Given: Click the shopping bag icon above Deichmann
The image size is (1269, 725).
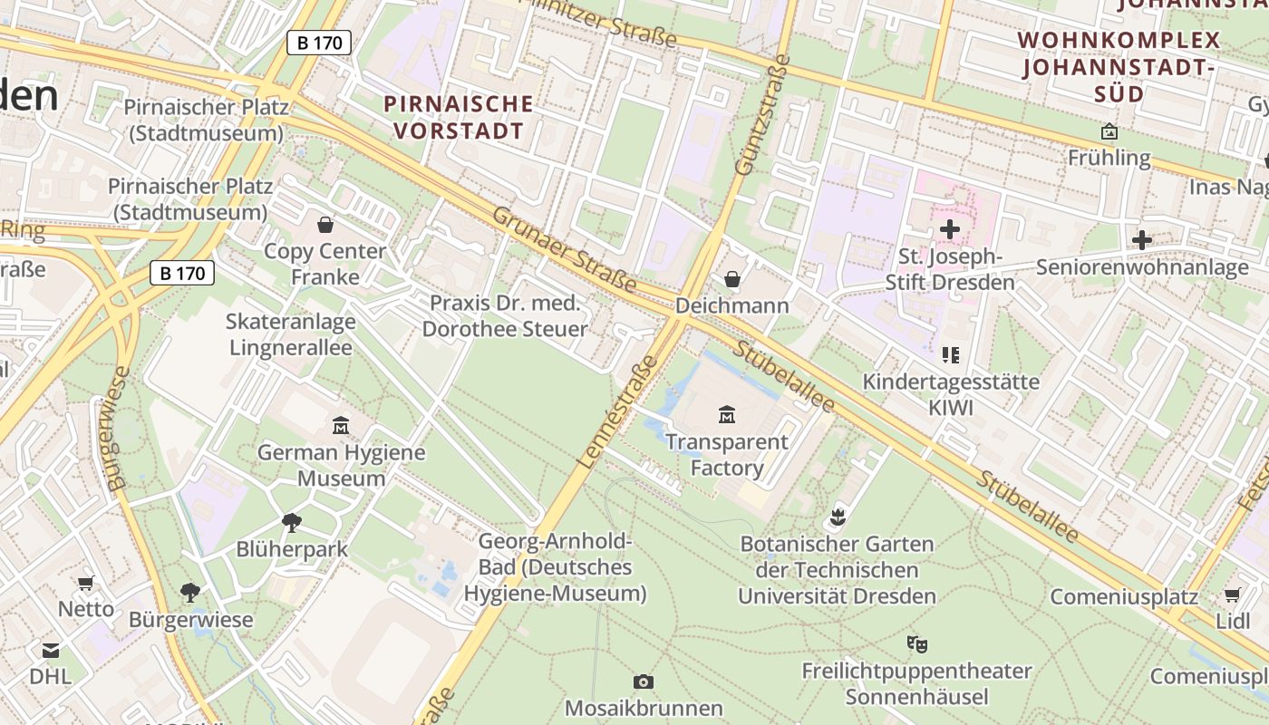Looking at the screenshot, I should point(732,279).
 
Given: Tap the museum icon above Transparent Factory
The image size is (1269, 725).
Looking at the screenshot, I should point(726,415).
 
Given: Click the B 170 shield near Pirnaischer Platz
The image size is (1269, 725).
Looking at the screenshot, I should point(319,42).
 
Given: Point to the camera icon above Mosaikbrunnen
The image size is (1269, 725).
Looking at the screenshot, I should point(643,681).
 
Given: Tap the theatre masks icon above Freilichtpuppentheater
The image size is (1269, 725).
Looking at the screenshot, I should point(916,644).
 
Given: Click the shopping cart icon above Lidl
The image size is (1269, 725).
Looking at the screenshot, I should point(1232,595).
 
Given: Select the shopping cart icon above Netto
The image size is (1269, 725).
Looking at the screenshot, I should point(85,583).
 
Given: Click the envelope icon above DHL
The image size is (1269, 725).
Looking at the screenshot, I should point(50,650).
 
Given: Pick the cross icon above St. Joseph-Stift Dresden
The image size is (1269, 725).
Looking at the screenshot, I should point(949,229).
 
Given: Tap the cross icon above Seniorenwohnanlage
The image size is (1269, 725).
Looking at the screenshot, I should point(1141,240).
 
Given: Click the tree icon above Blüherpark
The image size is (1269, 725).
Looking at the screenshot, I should point(291,522).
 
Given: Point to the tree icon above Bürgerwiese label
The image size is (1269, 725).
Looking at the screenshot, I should point(190,593).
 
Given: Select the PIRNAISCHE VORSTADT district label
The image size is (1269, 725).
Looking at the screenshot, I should point(458,117).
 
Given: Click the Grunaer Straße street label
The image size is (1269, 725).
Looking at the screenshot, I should point(564,251).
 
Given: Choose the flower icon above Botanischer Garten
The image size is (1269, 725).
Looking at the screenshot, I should point(837,517).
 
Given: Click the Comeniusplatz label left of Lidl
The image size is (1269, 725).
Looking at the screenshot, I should point(1124,597).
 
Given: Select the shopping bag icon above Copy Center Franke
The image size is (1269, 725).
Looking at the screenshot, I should point(325,224).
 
